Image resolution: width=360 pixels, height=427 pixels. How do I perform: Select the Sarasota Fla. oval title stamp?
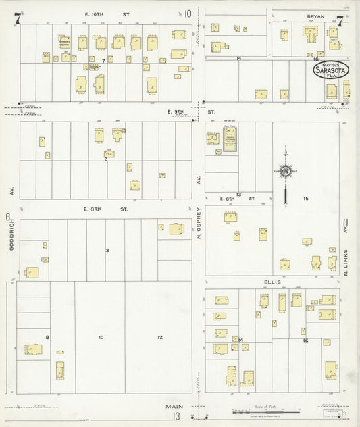[x=327, y=71]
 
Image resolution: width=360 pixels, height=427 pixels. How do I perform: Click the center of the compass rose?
[x=286, y=171]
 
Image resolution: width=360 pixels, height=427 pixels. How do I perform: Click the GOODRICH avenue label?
[x=11, y=237]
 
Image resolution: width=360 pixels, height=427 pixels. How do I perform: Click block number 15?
[x=306, y=198]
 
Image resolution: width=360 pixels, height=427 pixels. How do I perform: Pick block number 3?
[x=107, y=251]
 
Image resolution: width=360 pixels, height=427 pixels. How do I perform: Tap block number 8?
[x=47, y=337]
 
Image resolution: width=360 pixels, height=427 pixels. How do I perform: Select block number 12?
[x=160, y=337]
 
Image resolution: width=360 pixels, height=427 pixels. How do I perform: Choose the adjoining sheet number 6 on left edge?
[x=7, y=217]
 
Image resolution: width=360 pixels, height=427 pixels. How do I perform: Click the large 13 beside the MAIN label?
[x=175, y=416]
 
